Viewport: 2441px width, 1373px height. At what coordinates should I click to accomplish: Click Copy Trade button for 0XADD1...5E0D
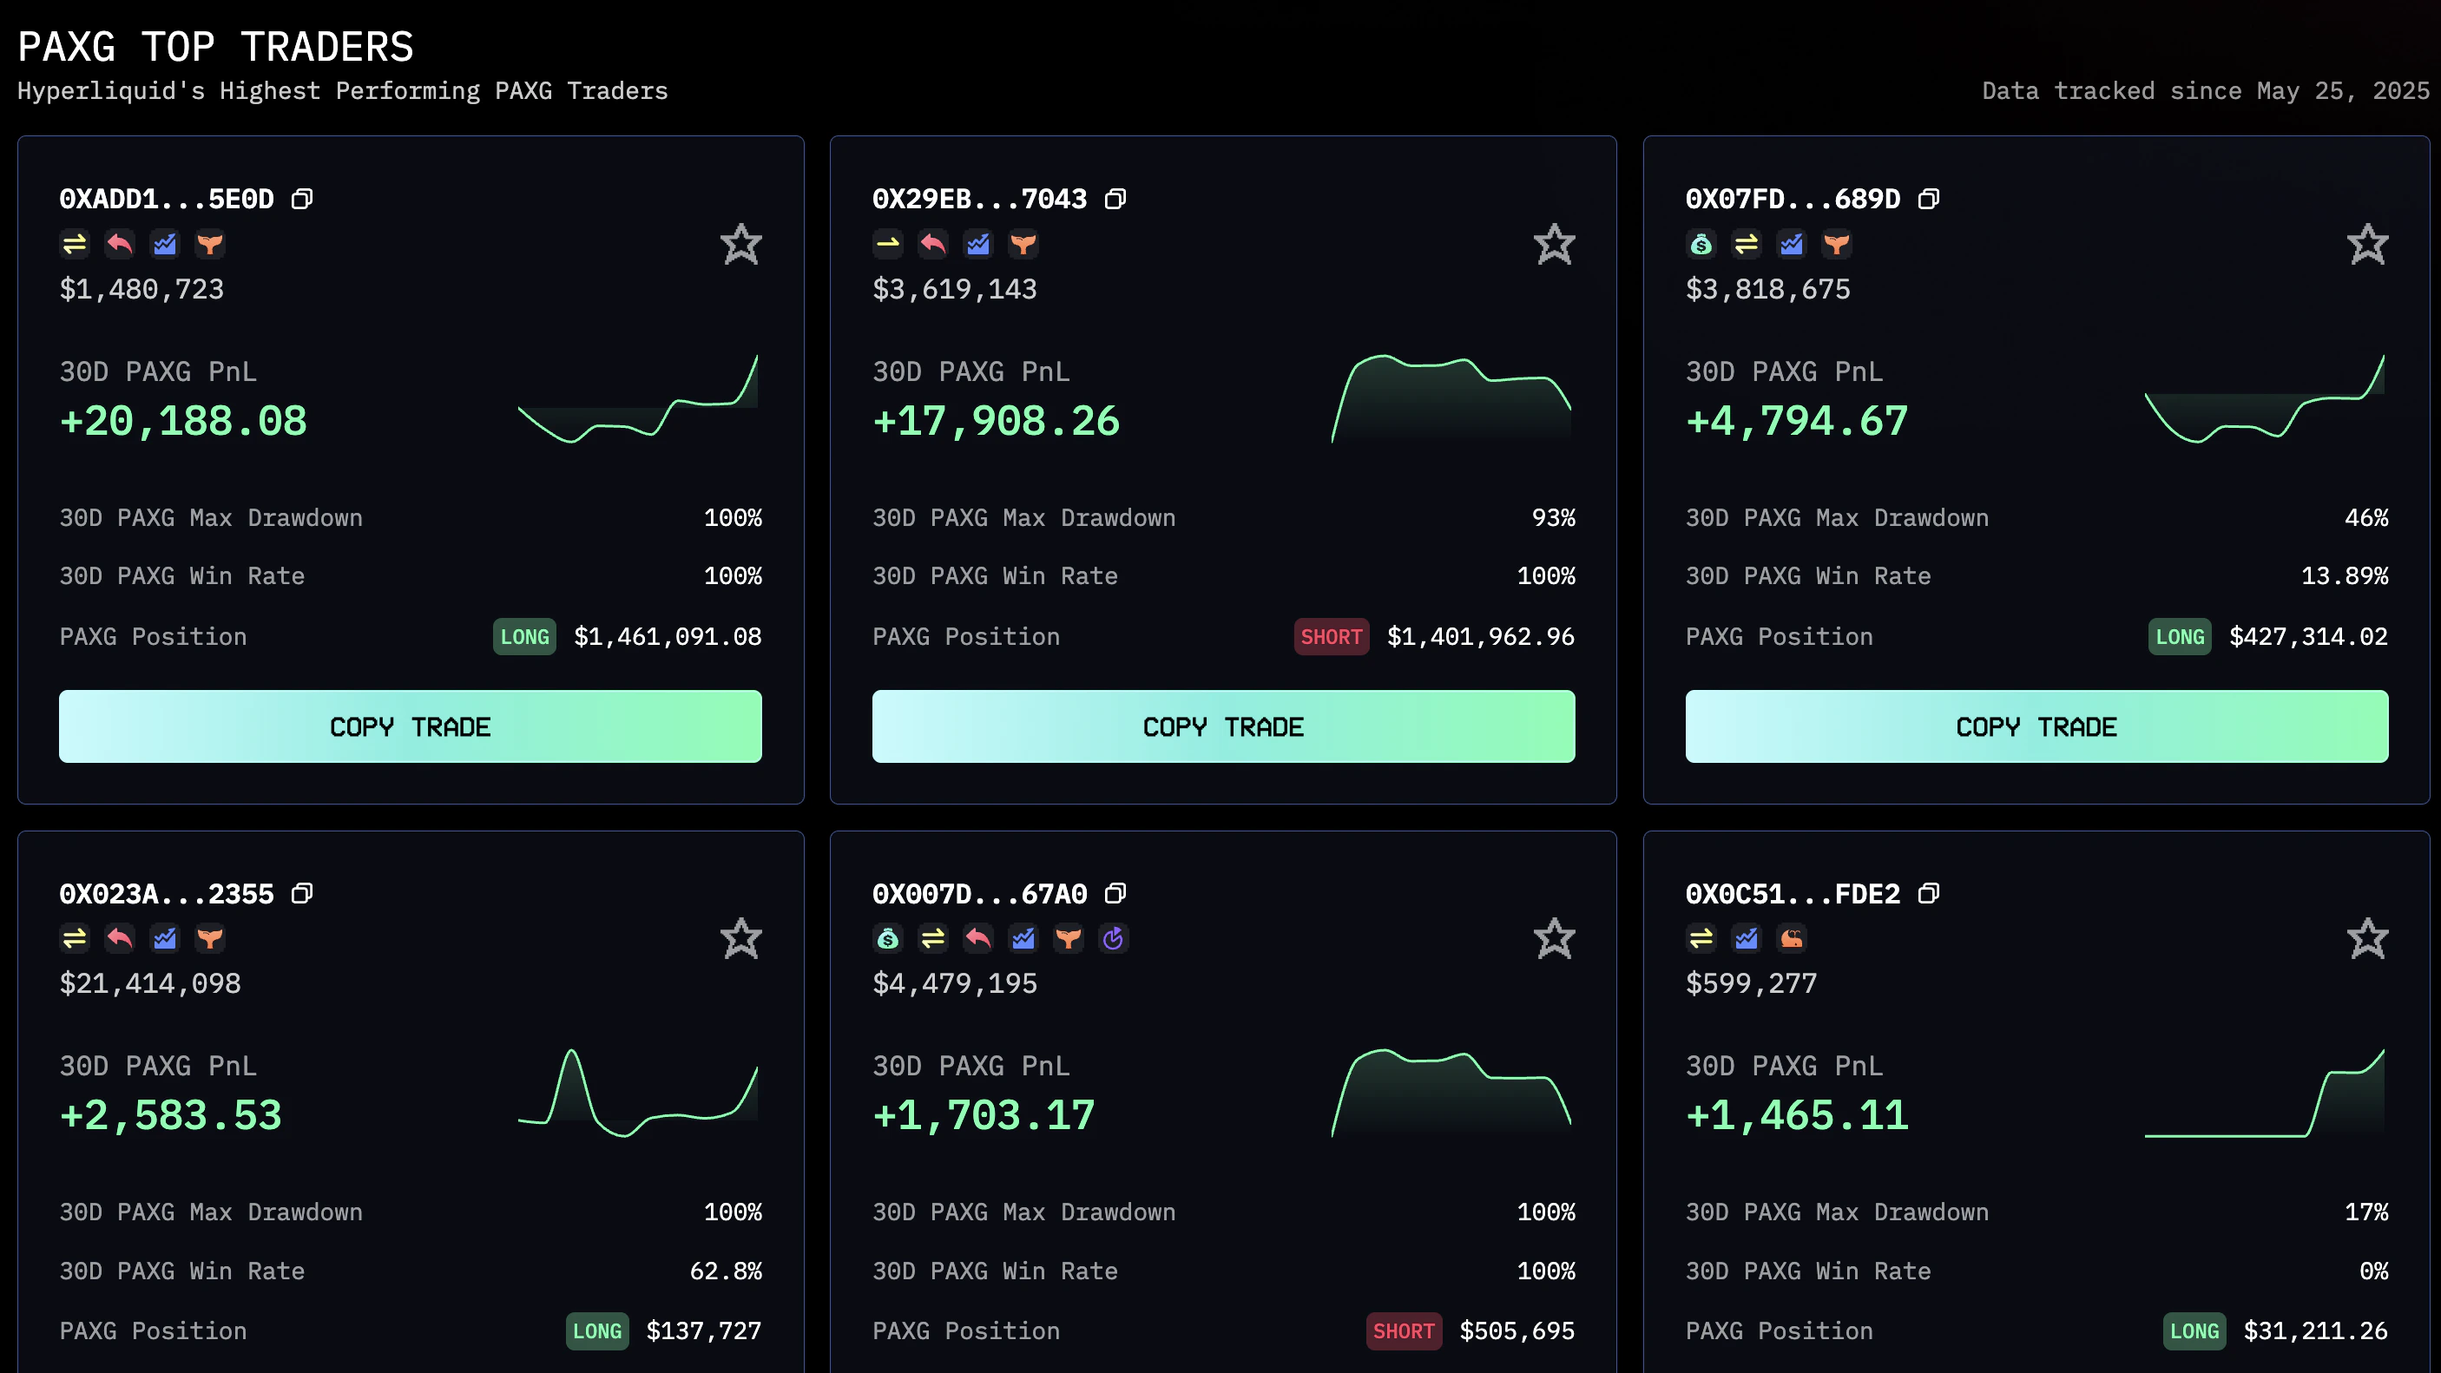click(410, 726)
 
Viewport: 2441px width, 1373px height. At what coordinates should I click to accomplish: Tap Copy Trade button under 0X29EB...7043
click(1222, 726)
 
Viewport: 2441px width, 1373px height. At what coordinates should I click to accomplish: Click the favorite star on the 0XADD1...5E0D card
click(740, 245)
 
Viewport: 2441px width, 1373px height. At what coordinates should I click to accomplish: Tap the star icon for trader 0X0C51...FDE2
click(2367, 939)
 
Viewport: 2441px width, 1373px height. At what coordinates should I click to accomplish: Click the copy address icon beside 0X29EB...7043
click(1115, 199)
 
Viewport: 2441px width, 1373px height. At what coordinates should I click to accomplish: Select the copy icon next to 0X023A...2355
click(302, 894)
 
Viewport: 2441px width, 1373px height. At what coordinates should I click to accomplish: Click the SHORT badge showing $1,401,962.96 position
click(1331, 637)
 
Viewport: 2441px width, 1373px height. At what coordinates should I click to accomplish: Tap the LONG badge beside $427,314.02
click(2179, 637)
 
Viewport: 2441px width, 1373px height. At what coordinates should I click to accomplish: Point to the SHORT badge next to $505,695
click(1403, 1331)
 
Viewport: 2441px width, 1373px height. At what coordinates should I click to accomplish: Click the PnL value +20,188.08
click(183, 422)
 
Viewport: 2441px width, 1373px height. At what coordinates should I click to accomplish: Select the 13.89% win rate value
click(2344, 576)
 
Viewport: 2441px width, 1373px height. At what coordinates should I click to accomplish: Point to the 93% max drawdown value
click(1553, 518)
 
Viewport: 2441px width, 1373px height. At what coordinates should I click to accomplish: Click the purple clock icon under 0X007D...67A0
click(1114, 939)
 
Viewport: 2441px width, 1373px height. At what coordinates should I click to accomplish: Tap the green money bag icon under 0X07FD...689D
click(1701, 245)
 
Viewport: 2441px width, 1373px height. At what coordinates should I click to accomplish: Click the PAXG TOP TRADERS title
click(216, 48)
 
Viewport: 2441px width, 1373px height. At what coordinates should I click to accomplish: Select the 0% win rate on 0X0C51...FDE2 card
click(2372, 1271)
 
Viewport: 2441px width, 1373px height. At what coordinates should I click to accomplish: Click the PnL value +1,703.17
click(984, 1115)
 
